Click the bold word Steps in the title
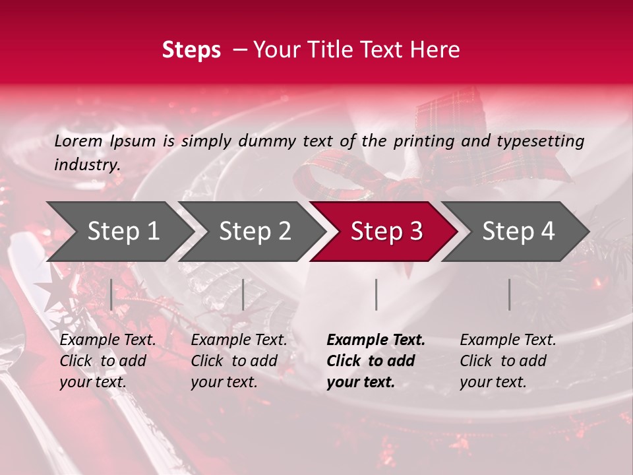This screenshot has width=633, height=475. coord(191,50)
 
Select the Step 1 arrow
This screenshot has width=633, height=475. coord(120,232)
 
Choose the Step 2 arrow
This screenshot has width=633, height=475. coord(252,232)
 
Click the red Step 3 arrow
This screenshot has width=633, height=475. coord(384,232)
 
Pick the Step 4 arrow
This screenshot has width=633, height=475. coord(516,232)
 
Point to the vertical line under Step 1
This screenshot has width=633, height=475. coord(111,294)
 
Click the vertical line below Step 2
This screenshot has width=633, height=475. coord(243,294)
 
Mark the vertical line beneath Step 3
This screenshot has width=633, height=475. coord(377,294)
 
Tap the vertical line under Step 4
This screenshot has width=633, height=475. coord(510,294)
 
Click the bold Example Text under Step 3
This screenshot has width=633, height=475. coord(376,340)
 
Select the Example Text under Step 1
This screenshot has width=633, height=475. coord(107,340)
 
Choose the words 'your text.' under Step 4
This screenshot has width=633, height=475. coord(493,382)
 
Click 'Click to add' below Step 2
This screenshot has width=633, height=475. coord(234,361)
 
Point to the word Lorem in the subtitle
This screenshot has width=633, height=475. coord(78,141)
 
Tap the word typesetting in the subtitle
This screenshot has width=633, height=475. coord(541,142)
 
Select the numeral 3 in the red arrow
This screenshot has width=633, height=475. coord(416,231)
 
